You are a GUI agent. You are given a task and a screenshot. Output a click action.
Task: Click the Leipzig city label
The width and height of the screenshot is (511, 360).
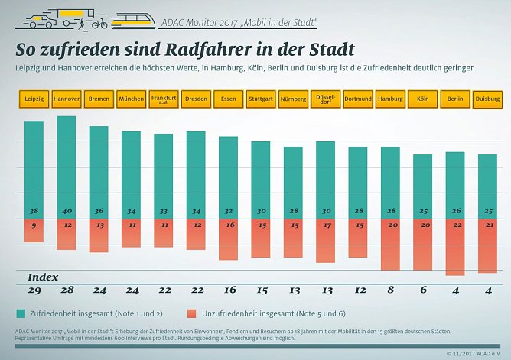(34, 99)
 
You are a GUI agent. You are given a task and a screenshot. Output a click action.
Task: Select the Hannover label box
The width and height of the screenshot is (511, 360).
(67, 99)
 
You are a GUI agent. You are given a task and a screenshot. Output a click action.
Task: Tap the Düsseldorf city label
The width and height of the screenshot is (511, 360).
(325, 99)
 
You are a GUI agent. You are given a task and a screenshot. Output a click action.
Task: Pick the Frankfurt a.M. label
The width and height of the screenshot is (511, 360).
(164, 99)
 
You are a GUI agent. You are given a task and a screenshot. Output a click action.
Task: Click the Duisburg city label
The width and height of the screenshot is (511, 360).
(487, 99)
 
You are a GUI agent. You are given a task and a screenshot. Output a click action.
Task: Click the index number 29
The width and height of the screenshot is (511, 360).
(34, 291)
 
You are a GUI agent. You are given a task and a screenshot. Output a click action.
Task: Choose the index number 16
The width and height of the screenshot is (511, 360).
(228, 291)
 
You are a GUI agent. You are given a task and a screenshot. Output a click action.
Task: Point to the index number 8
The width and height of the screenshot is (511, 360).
(390, 291)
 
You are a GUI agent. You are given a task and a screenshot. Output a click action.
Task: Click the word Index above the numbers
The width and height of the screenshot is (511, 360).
(43, 276)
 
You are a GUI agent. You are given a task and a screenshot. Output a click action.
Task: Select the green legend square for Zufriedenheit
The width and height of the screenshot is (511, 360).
(20, 313)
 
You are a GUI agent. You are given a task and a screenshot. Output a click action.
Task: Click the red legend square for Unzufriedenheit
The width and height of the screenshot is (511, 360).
(190, 313)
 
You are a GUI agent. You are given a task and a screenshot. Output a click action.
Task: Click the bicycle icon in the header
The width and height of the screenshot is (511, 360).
(99, 22)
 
